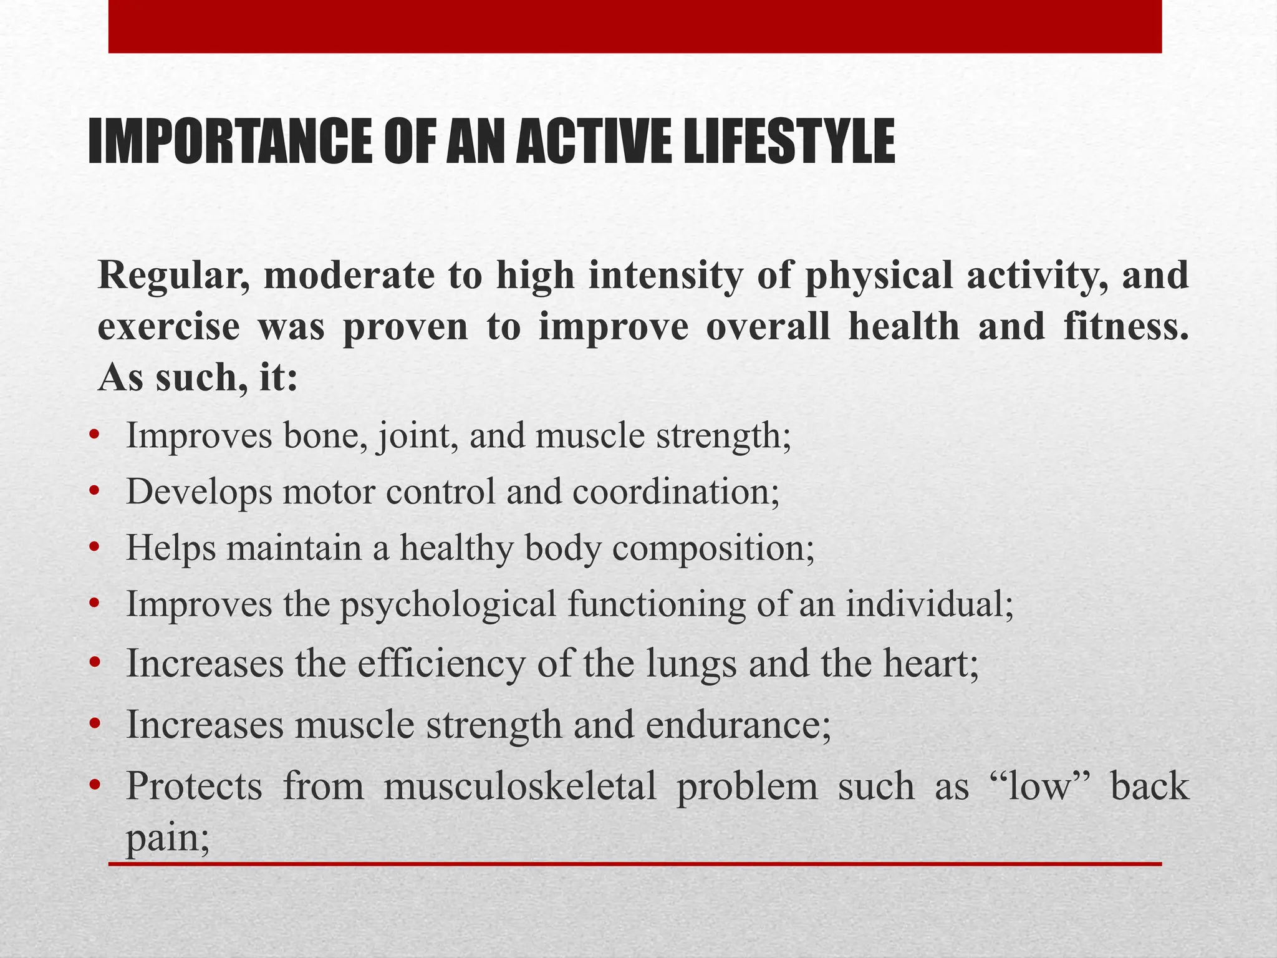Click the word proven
click(x=405, y=327)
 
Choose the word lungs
click(x=691, y=664)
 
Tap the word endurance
click(x=738, y=725)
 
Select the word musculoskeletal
click(x=520, y=786)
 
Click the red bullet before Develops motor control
click(x=94, y=492)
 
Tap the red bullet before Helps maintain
click(x=94, y=548)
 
